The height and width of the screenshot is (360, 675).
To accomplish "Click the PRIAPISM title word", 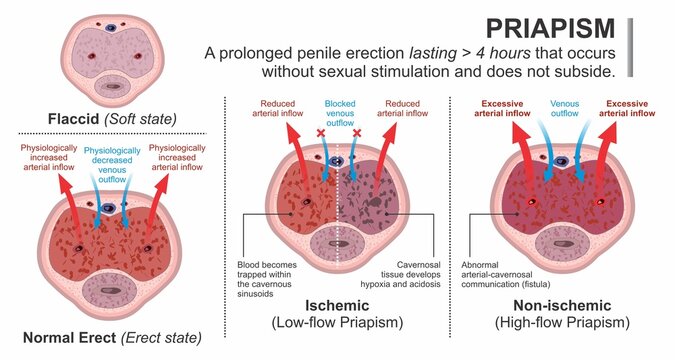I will click(545, 27).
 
